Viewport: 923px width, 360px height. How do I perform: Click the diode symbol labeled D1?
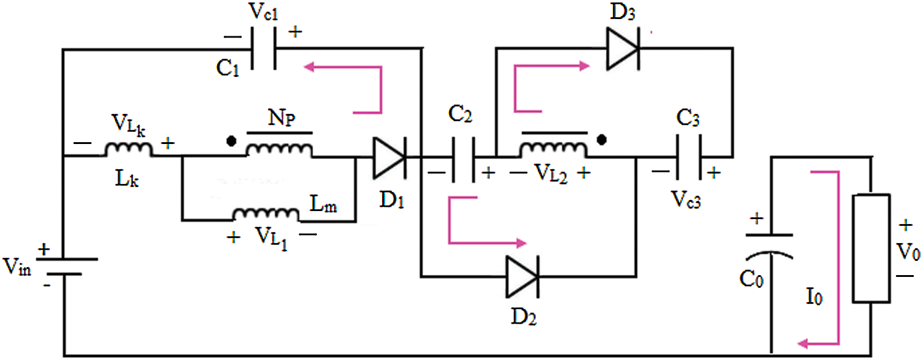coord(388,157)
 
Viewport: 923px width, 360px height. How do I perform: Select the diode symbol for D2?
coord(522,275)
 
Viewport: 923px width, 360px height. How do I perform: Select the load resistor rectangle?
coord(870,249)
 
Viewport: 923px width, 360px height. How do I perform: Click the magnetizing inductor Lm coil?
coord(265,214)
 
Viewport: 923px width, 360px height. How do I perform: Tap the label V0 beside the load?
coord(909,252)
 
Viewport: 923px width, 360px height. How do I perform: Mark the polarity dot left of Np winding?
coord(231,141)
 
